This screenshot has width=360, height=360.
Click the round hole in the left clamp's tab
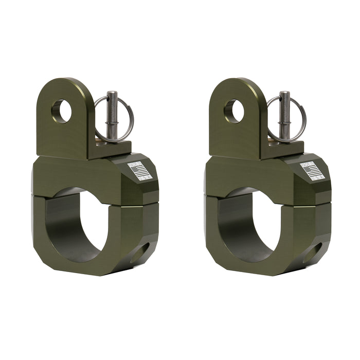(x=61, y=111)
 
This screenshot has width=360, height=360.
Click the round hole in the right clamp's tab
(x=234, y=111)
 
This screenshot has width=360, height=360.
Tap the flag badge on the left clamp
(x=139, y=170)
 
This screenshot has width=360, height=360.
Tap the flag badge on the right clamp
(x=312, y=170)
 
